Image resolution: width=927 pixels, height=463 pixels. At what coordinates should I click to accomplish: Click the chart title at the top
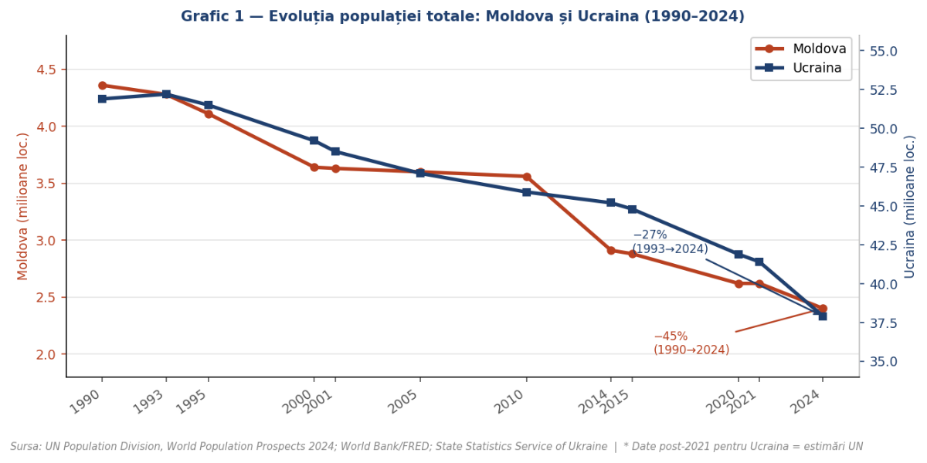[x=463, y=16]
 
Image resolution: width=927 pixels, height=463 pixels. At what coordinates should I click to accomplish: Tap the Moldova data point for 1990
[x=102, y=86]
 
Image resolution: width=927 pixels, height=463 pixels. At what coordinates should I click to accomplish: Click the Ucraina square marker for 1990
[x=102, y=99]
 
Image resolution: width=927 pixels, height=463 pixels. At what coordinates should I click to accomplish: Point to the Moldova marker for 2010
[x=527, y=177]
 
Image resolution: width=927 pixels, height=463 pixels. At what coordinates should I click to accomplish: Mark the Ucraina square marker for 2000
[x=314, y=140]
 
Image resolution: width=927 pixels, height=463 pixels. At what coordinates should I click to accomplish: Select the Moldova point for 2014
[x=611, y=251]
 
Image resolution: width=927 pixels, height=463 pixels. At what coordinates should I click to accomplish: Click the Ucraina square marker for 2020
[x=739, y=254]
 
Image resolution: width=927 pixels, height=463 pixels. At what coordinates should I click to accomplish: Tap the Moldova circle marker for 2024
[x=823, y=309]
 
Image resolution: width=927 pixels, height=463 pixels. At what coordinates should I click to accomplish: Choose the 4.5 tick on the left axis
[x=46, y=69]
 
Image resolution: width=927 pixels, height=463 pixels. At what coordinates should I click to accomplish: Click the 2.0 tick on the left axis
[x=46, y=354]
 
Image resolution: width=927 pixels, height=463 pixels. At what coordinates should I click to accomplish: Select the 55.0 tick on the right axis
[x=883, y=51]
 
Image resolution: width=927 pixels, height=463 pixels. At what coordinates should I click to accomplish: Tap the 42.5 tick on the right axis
[x=883, y=245]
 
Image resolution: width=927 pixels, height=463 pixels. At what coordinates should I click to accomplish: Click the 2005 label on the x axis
[x=405, y=401]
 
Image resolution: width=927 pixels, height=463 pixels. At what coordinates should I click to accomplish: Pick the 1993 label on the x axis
[x=151, y=401]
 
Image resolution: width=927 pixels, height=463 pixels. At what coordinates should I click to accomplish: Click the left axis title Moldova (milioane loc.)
[x=23, y=206]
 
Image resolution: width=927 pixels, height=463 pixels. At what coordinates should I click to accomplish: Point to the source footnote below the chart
[x=436, y=446]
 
